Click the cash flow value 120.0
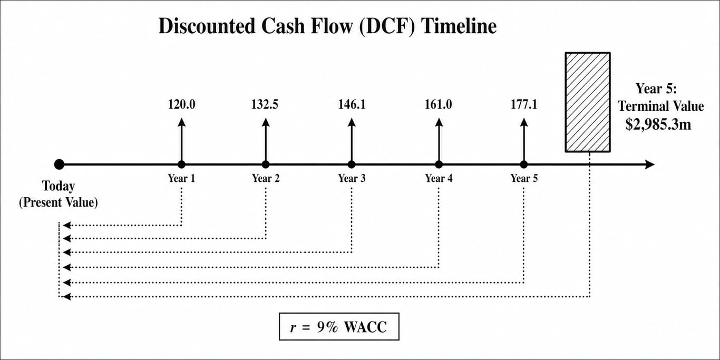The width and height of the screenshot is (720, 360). (182, 104)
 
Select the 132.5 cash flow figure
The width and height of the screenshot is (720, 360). (265, 104)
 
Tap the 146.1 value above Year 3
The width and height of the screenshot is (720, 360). (352, 104)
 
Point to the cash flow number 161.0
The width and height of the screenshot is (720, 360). (439, 104)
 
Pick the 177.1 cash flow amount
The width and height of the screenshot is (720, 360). (524, 104)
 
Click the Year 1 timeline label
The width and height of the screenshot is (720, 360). (182, 178)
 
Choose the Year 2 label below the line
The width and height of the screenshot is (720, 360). (266, 178)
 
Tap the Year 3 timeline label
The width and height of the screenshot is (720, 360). (352, 178)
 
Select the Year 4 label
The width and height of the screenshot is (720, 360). (439, 178)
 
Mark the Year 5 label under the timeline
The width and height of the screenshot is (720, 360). (524, 178)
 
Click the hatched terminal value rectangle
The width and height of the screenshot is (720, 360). (588, 102)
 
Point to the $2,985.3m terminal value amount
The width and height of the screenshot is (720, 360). (658, 124)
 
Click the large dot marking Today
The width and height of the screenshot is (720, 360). (59, 164)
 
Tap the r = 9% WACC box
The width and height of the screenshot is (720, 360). (339, 327)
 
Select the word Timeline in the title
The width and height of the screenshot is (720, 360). (459, 26)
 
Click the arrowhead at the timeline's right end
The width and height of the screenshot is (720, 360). (649, 164)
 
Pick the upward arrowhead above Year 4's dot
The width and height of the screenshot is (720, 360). (439, 122)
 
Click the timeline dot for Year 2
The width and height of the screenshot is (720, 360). (266, 164)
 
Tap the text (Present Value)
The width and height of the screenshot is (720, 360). (59, 202)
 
